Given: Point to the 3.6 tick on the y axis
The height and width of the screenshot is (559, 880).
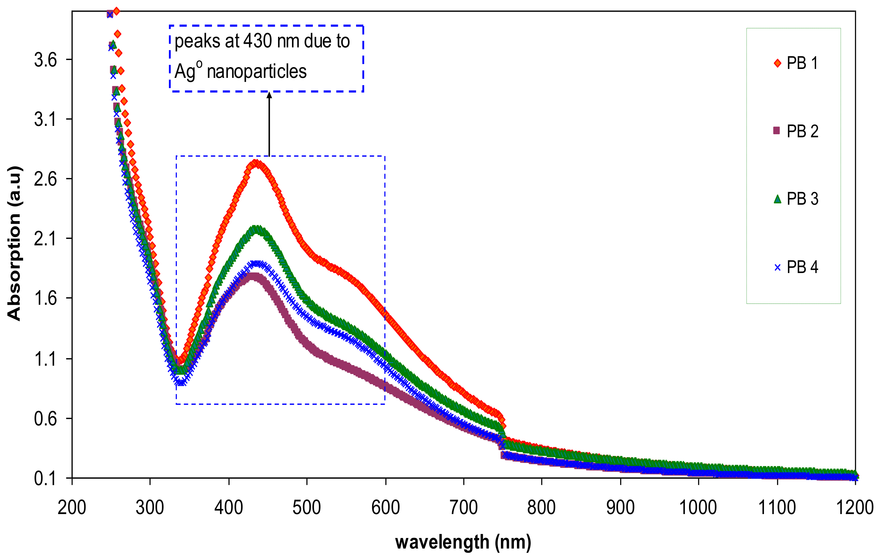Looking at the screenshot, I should (46, 60).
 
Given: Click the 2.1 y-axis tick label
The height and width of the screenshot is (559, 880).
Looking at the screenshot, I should (46, 239).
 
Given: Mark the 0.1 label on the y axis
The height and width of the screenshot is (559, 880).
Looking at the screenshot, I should (46, 478).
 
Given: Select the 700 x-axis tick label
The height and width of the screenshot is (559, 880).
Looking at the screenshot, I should (463, 508).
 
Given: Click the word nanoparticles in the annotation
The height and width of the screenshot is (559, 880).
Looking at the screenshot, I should (257, 72).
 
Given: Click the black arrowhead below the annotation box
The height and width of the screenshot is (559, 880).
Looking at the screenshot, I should (269, 95).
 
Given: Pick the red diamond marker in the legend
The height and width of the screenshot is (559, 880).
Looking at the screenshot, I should (777, 64).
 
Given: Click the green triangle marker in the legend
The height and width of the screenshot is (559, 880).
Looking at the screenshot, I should (777, 199).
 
